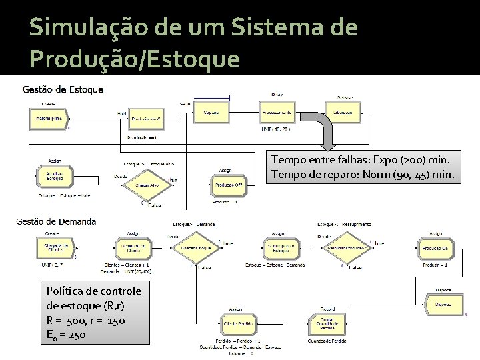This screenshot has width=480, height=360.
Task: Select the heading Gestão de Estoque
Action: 63,89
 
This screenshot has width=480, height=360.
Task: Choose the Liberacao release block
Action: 343,113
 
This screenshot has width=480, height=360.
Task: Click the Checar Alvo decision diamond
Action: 147,185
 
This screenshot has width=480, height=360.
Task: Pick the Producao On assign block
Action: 435,248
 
